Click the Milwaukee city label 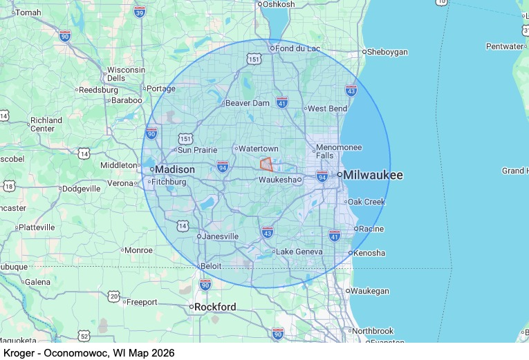pos(373,176)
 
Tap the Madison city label pos(174,169)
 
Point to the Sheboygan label pos(387,52)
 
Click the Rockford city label pos(215,307)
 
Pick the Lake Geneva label pos(299,252)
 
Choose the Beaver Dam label pos(247,103)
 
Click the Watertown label pos(258,149)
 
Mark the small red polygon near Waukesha pos(266,164)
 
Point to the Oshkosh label pos(279,4)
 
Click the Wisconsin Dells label pos(126,74)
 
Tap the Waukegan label pos(369,291)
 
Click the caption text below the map pos(89,352)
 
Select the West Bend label pos(327,108)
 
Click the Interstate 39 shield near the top pos(140,12)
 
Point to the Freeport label pos(142,301)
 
